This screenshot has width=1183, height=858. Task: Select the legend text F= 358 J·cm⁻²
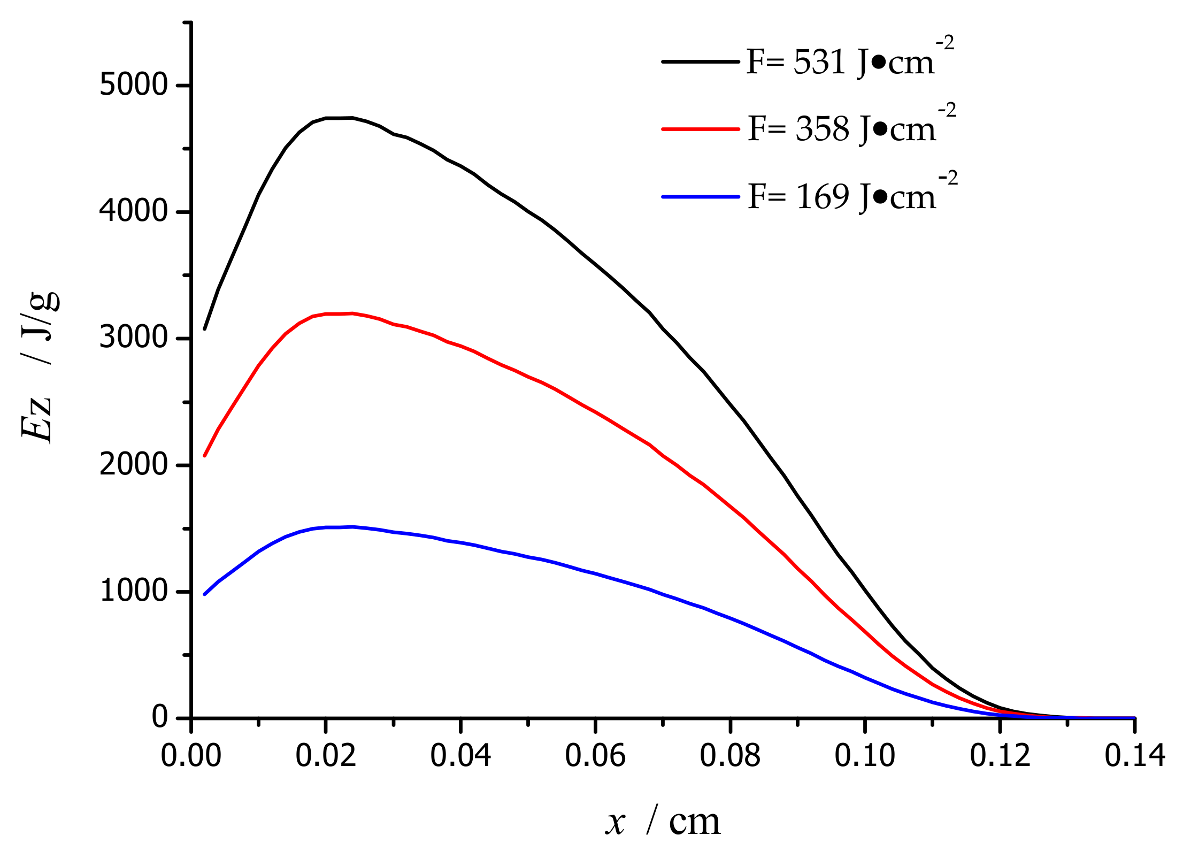point(850,128)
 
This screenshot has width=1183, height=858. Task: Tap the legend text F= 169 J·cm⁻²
point(850,196)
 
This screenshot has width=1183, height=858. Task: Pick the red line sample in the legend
point(700,129)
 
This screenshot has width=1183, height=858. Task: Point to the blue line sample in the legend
point(700,197)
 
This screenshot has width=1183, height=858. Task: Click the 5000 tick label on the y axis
point(134,85)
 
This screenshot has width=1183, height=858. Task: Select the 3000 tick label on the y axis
point(134,338)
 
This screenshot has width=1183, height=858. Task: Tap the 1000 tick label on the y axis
point(134,591)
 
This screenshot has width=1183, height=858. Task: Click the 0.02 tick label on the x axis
point(326,756)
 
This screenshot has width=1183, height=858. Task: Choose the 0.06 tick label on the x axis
point(595,756)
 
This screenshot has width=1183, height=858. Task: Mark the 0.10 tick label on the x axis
point(865,756)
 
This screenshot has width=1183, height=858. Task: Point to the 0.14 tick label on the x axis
point(1134,756)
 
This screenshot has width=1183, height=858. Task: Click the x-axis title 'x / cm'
point(663,822)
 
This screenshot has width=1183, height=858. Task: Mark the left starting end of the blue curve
point(205,594)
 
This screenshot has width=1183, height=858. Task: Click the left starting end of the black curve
point(205,329)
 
